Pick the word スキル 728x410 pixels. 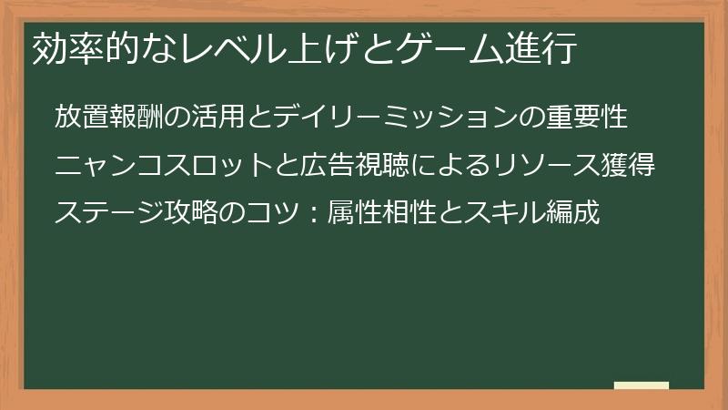[x=510, y=215]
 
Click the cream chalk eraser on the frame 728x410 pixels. [x=641, y=386]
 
